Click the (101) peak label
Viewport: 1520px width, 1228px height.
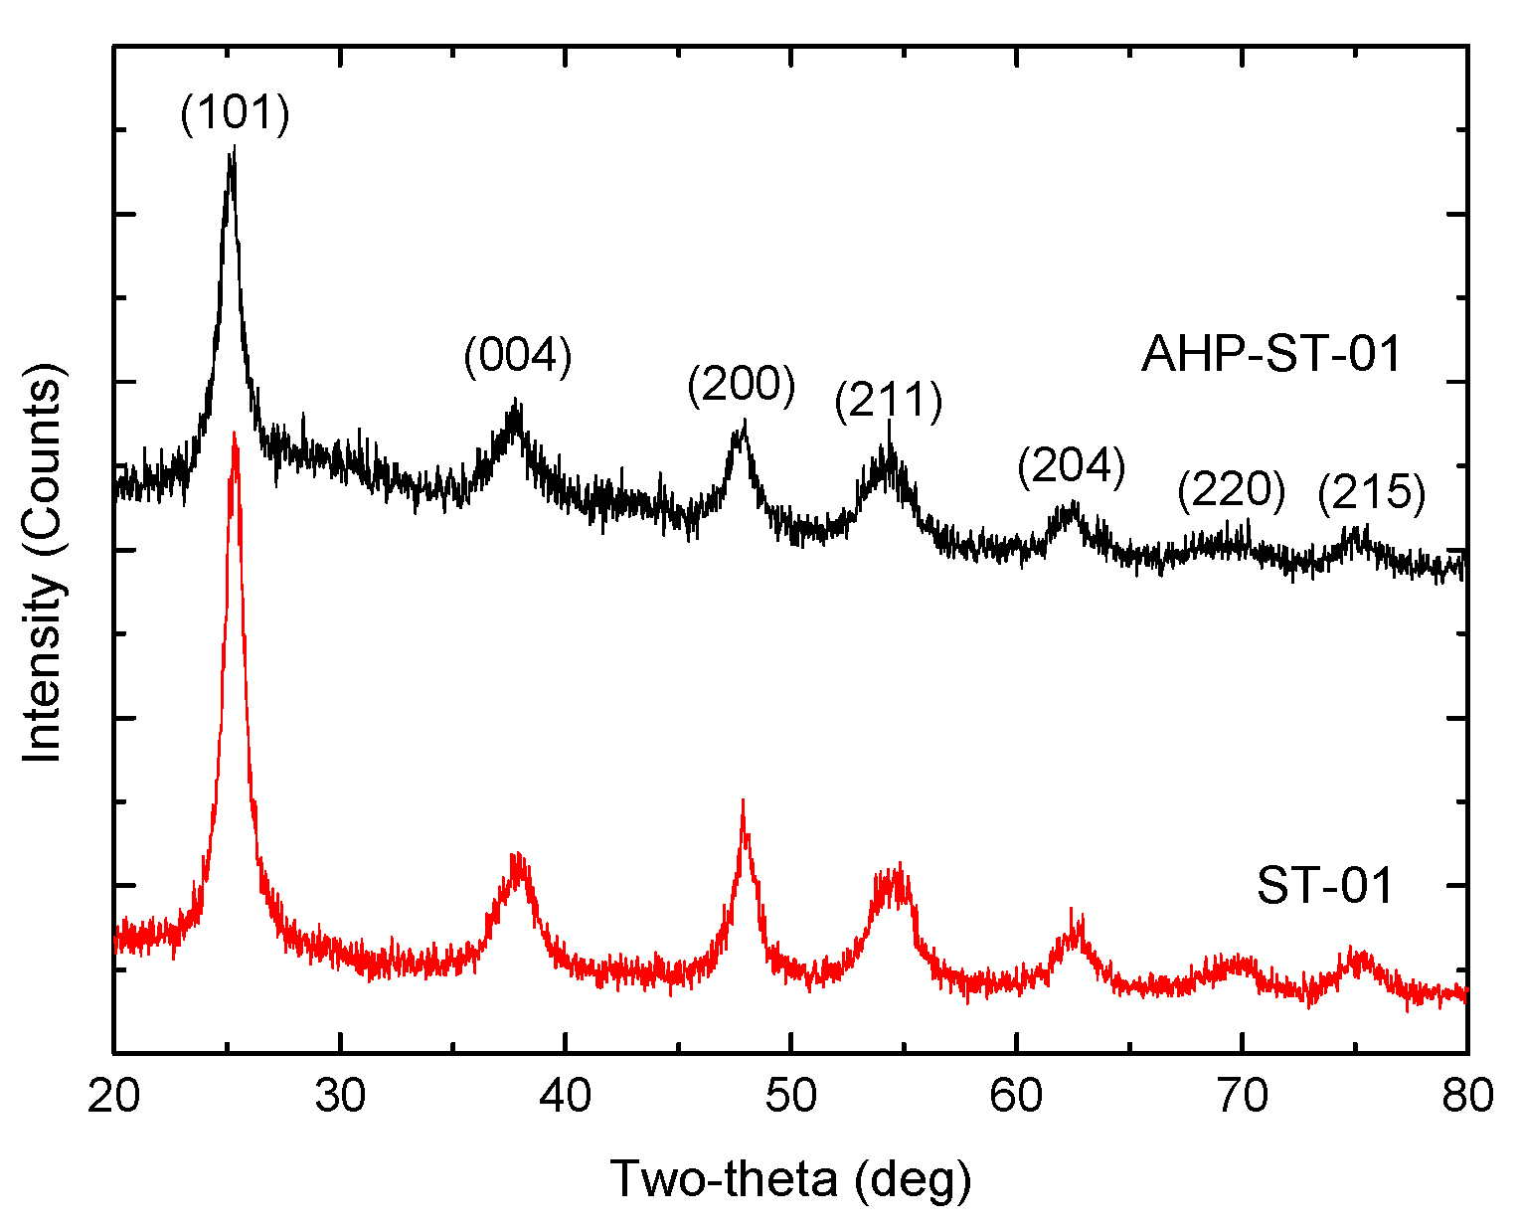[235, 114]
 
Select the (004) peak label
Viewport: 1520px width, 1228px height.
[518, 356]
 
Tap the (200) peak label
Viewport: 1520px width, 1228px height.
[742, 385]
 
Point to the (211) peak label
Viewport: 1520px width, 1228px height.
[889, 402]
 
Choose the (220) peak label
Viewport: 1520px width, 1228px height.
[1232, 490]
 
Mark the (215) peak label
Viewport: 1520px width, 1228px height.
[1372, 492]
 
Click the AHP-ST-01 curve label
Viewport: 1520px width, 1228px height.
[1271, 354]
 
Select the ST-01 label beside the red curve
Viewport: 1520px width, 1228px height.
[1325, 886]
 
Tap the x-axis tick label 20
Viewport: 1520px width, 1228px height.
[114, 1096]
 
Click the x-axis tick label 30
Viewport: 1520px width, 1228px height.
[340, 1096]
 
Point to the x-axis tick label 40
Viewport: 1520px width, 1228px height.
[566, 1096]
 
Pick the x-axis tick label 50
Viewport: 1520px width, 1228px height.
[791, 1096]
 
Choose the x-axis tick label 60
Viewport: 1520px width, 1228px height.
[1016, 1096]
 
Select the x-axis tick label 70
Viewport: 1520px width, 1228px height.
[1242, 1096]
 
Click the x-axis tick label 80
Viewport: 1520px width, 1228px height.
[1466, 1096]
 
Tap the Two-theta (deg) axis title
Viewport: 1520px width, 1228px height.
[790, 1179]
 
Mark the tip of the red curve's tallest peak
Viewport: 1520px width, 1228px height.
[234, 433]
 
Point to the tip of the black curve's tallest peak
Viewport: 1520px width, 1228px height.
[233, 147]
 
